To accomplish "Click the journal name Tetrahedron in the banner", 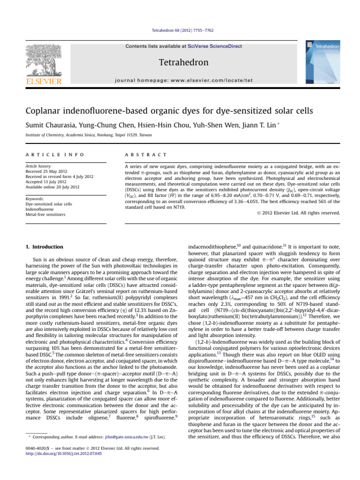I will tap(180, 62).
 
